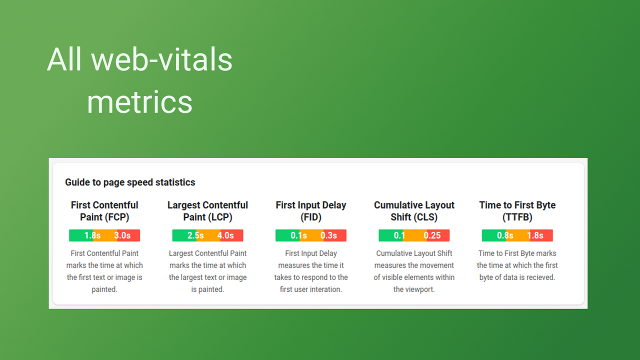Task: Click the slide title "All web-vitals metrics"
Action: [x=139, y=80]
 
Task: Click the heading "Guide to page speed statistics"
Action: [x=130, y=182]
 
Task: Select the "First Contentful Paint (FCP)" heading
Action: [x=104, y=211]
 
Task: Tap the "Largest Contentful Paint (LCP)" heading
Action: [x=207, y=211]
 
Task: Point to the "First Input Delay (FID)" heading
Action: [x=310, y=211]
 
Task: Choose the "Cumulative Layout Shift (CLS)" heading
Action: [x=414, y=211]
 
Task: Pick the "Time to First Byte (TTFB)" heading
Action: [x=517, y=211]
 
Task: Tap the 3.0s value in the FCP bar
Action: [x=122, y=235]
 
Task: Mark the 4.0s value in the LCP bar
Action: [x=225, y=235]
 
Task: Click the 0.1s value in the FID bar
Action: [x=298, y=235]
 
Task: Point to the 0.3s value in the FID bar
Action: [x=328, y=235]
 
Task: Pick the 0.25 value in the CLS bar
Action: [x=432, y=235]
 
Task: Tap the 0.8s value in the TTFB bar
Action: [x=505, y=235]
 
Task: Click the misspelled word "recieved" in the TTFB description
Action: [x=540, y=277]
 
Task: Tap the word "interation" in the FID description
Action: [x=325, y=289]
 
